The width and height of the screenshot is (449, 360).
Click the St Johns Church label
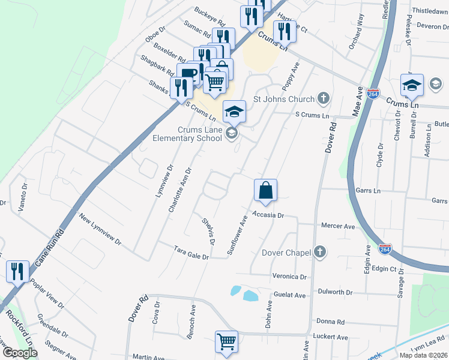[284, 99]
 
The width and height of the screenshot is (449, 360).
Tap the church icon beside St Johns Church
[324, 98]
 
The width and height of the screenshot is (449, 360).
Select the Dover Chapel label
[287, 253]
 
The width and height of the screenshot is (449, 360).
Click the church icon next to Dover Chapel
[321, 252]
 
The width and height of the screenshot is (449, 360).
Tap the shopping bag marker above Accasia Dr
[265, 190]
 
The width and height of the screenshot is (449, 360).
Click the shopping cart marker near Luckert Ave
[226, 341]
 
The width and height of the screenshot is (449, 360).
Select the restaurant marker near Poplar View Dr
[17, 271]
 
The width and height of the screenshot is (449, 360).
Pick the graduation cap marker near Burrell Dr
[412, 85]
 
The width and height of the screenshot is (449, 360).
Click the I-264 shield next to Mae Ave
[373, 95]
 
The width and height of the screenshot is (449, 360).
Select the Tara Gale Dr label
[191, 252]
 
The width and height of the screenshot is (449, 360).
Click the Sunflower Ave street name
[237, 236]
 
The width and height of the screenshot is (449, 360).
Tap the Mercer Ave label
[338, 226]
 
